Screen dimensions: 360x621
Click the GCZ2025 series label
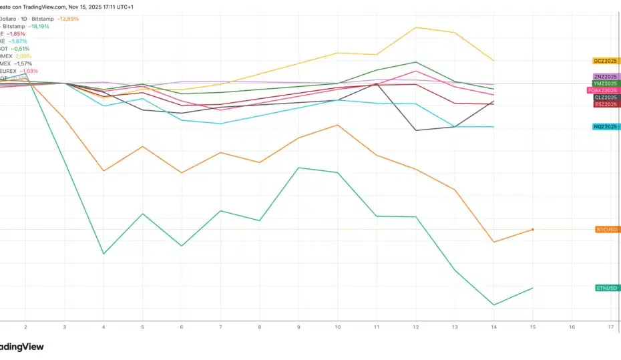606,61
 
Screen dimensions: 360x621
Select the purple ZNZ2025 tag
606,77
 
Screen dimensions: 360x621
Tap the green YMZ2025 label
606,83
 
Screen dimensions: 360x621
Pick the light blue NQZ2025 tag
606,127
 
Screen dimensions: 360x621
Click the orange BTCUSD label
607,229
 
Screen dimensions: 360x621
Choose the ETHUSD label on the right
607,288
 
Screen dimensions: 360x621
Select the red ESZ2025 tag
606,104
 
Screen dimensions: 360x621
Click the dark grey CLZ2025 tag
606,98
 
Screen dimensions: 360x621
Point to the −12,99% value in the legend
67,19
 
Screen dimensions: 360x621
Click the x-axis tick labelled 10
339,327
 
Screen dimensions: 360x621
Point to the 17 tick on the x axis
611,327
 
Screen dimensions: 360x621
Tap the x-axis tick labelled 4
103,327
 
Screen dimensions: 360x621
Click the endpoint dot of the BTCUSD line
532,229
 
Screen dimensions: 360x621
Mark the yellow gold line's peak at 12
416,27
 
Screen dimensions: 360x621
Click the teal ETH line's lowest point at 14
494,305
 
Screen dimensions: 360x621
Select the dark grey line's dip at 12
416,130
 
